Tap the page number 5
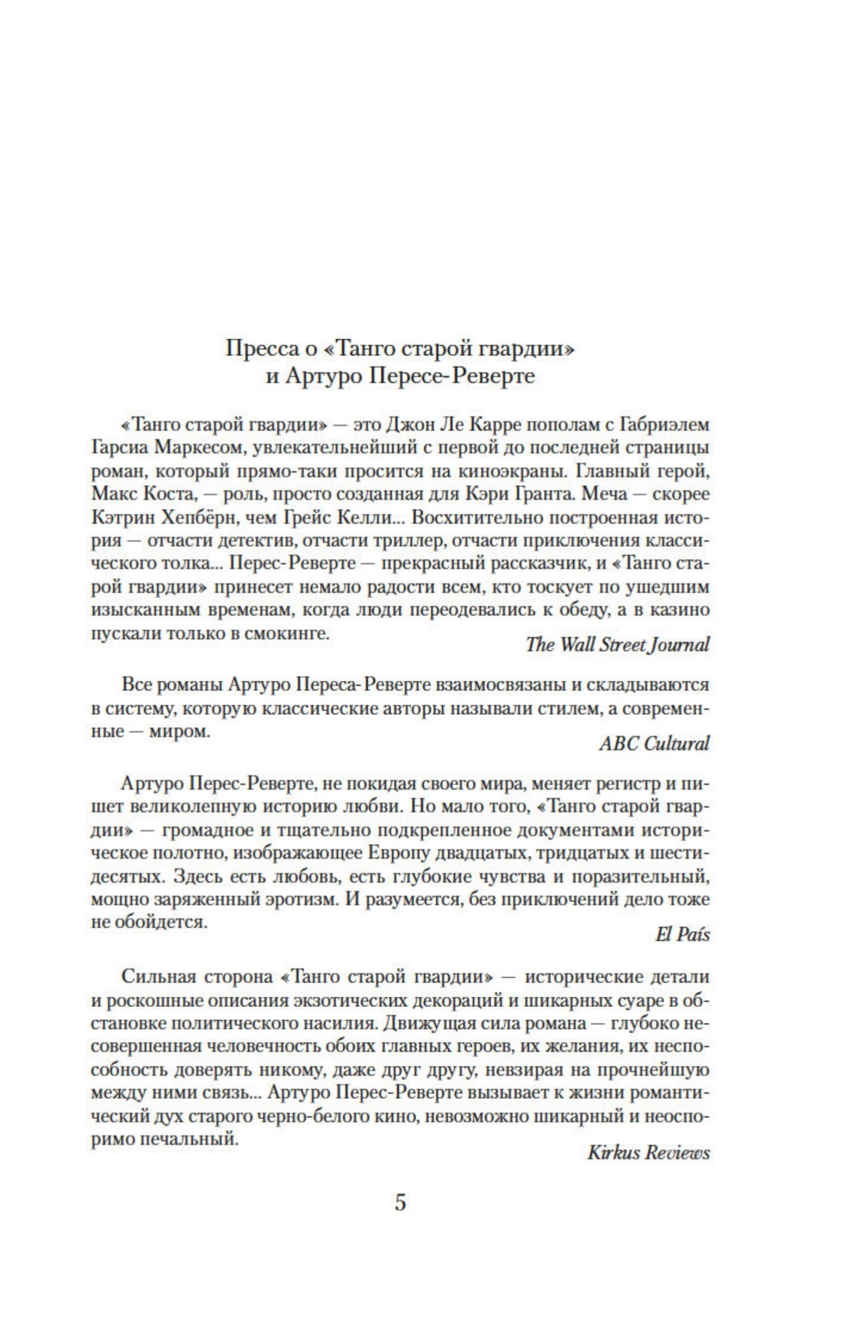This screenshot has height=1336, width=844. [x=401, y=1202]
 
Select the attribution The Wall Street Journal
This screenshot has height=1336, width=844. [x=617, y=644]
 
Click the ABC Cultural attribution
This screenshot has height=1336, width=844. [x=654, y=742]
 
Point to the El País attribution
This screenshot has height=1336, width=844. [x=683, y=934]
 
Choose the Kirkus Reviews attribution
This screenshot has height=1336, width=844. [x=648, y=1152]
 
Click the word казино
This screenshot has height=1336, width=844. [x=683, y=610]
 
